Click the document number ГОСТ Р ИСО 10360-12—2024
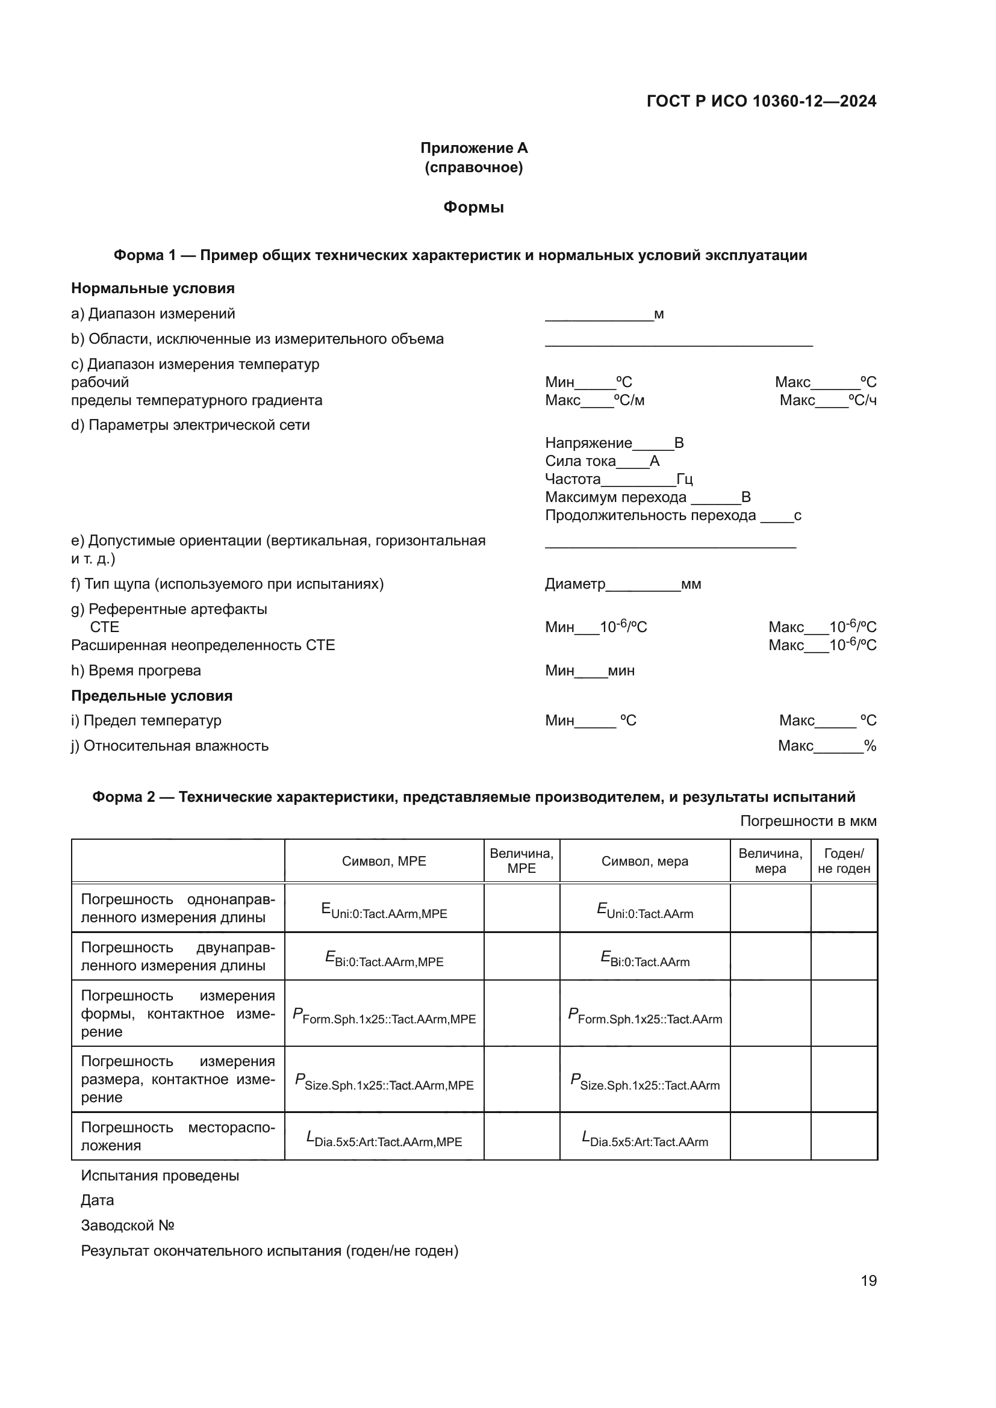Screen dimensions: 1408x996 pos(761,101)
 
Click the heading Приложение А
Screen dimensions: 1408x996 pos(473,148)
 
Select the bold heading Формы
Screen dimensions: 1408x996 pos(473,207)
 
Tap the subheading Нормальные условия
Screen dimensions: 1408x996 pos(153,288)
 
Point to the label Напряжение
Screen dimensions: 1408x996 pos(588,443)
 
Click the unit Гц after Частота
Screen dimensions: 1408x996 pos(685,479)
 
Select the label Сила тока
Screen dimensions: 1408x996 pos(580,461)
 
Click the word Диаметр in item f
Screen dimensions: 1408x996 pos(574,584)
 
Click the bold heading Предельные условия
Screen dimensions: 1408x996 pos(152,695)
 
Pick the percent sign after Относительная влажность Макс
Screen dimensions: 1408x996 pos(870,746)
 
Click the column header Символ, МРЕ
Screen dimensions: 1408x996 pos(384,861)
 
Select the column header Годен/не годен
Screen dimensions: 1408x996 pos(844,861)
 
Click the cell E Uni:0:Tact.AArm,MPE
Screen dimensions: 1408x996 pos(384,911)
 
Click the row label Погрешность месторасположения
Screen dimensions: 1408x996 pos(178,1137)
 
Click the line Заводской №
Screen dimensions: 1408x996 pos(128,1225)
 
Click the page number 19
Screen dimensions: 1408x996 pos(868,1280)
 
